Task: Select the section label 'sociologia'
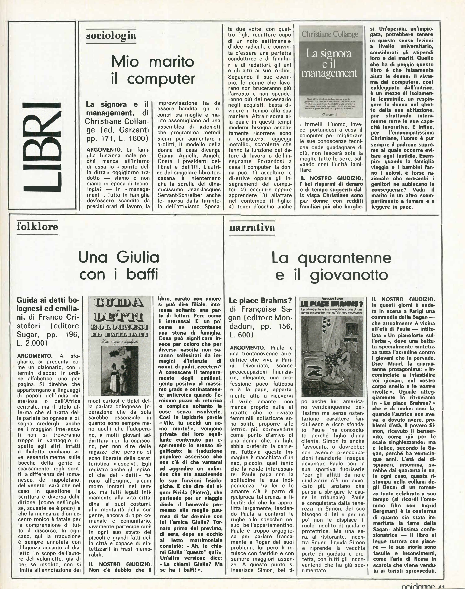(x=111, y=35)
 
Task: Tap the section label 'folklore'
(x=37, y=226)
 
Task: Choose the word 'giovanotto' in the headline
(x=349, y=275)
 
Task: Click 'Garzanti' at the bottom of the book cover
(x=329, y=115)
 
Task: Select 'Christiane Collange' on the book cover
(x=329, y=34)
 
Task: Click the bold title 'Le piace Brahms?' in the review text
(x=260, y=300)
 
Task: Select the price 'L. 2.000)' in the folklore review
(x=32, y=343)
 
